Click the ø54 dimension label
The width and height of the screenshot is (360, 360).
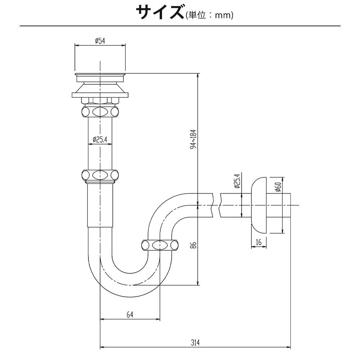(x=100, y=41)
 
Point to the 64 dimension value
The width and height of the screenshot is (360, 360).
(x=130, y=314)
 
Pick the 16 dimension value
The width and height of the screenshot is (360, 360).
(x=258, y=243)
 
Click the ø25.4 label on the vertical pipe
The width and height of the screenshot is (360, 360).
(x=100, y=139)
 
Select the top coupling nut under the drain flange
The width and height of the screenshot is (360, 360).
(x=100, y=111)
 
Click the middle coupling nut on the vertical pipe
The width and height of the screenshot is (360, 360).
(x=100, y=175)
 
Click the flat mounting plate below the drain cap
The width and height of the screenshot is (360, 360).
(x=100, y=95)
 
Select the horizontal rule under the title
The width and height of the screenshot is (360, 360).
(x=180, y=26)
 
